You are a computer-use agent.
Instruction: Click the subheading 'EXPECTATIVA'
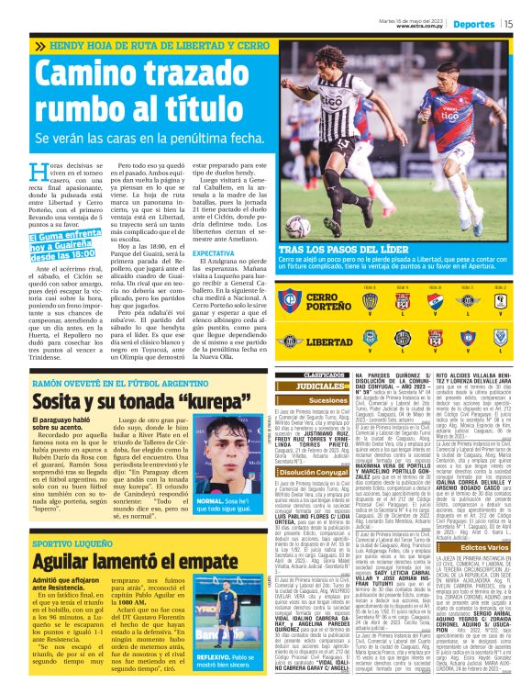pos(212,252)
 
